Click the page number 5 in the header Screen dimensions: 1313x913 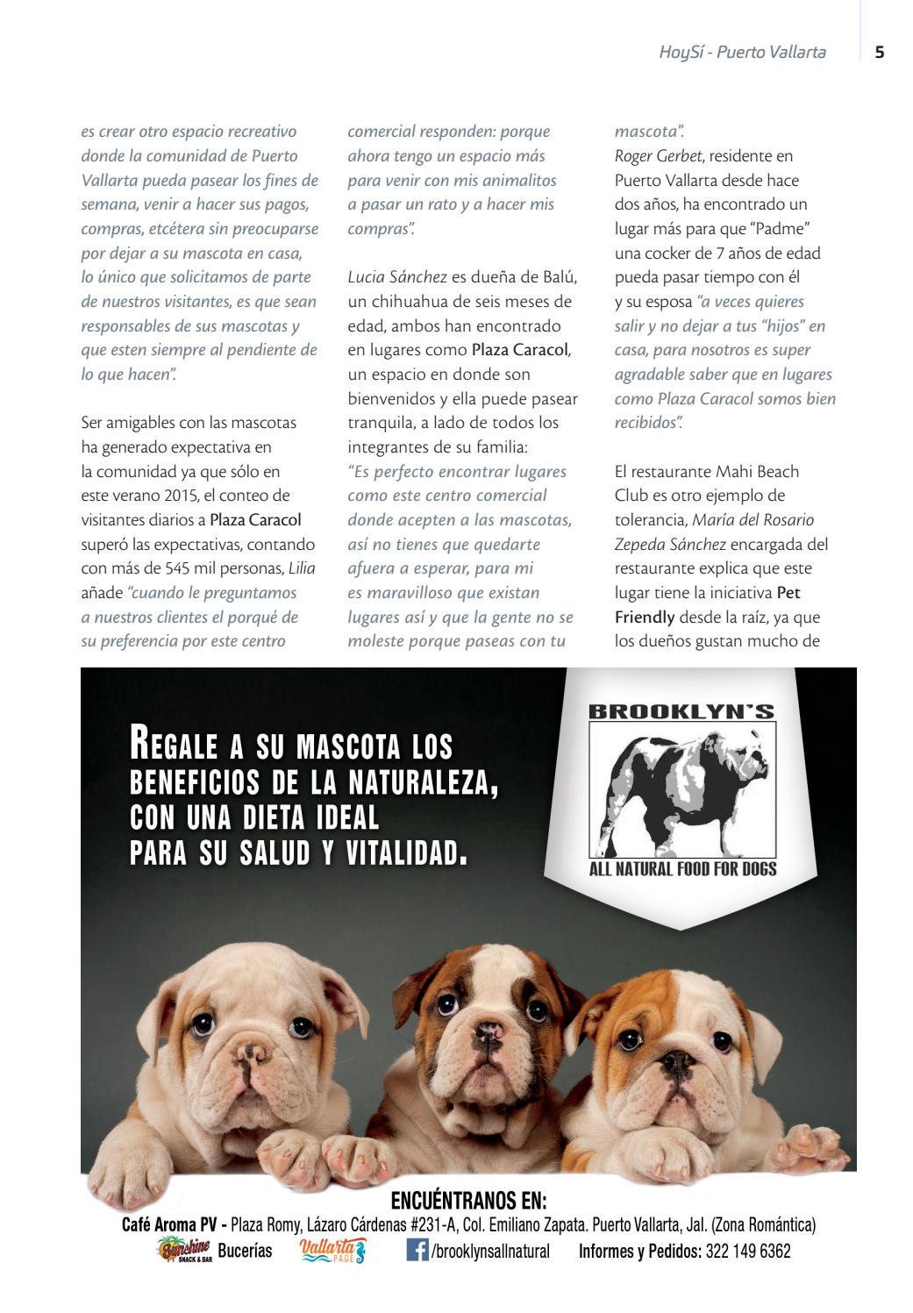(x=880, y=52)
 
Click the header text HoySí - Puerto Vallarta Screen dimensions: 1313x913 (x=742, y=52)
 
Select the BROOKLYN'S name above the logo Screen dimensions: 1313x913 (x=681, y=711)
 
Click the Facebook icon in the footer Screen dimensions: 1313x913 (x=417, y=1249)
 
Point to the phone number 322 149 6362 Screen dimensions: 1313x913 (x=747, y=1251)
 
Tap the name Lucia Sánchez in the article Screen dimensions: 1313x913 (x=397, y=277)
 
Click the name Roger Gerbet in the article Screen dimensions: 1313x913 (x=658, y=156)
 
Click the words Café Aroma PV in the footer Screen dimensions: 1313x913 (x=169, y=1224)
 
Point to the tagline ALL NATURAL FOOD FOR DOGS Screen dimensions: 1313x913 (x=682, y=869)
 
